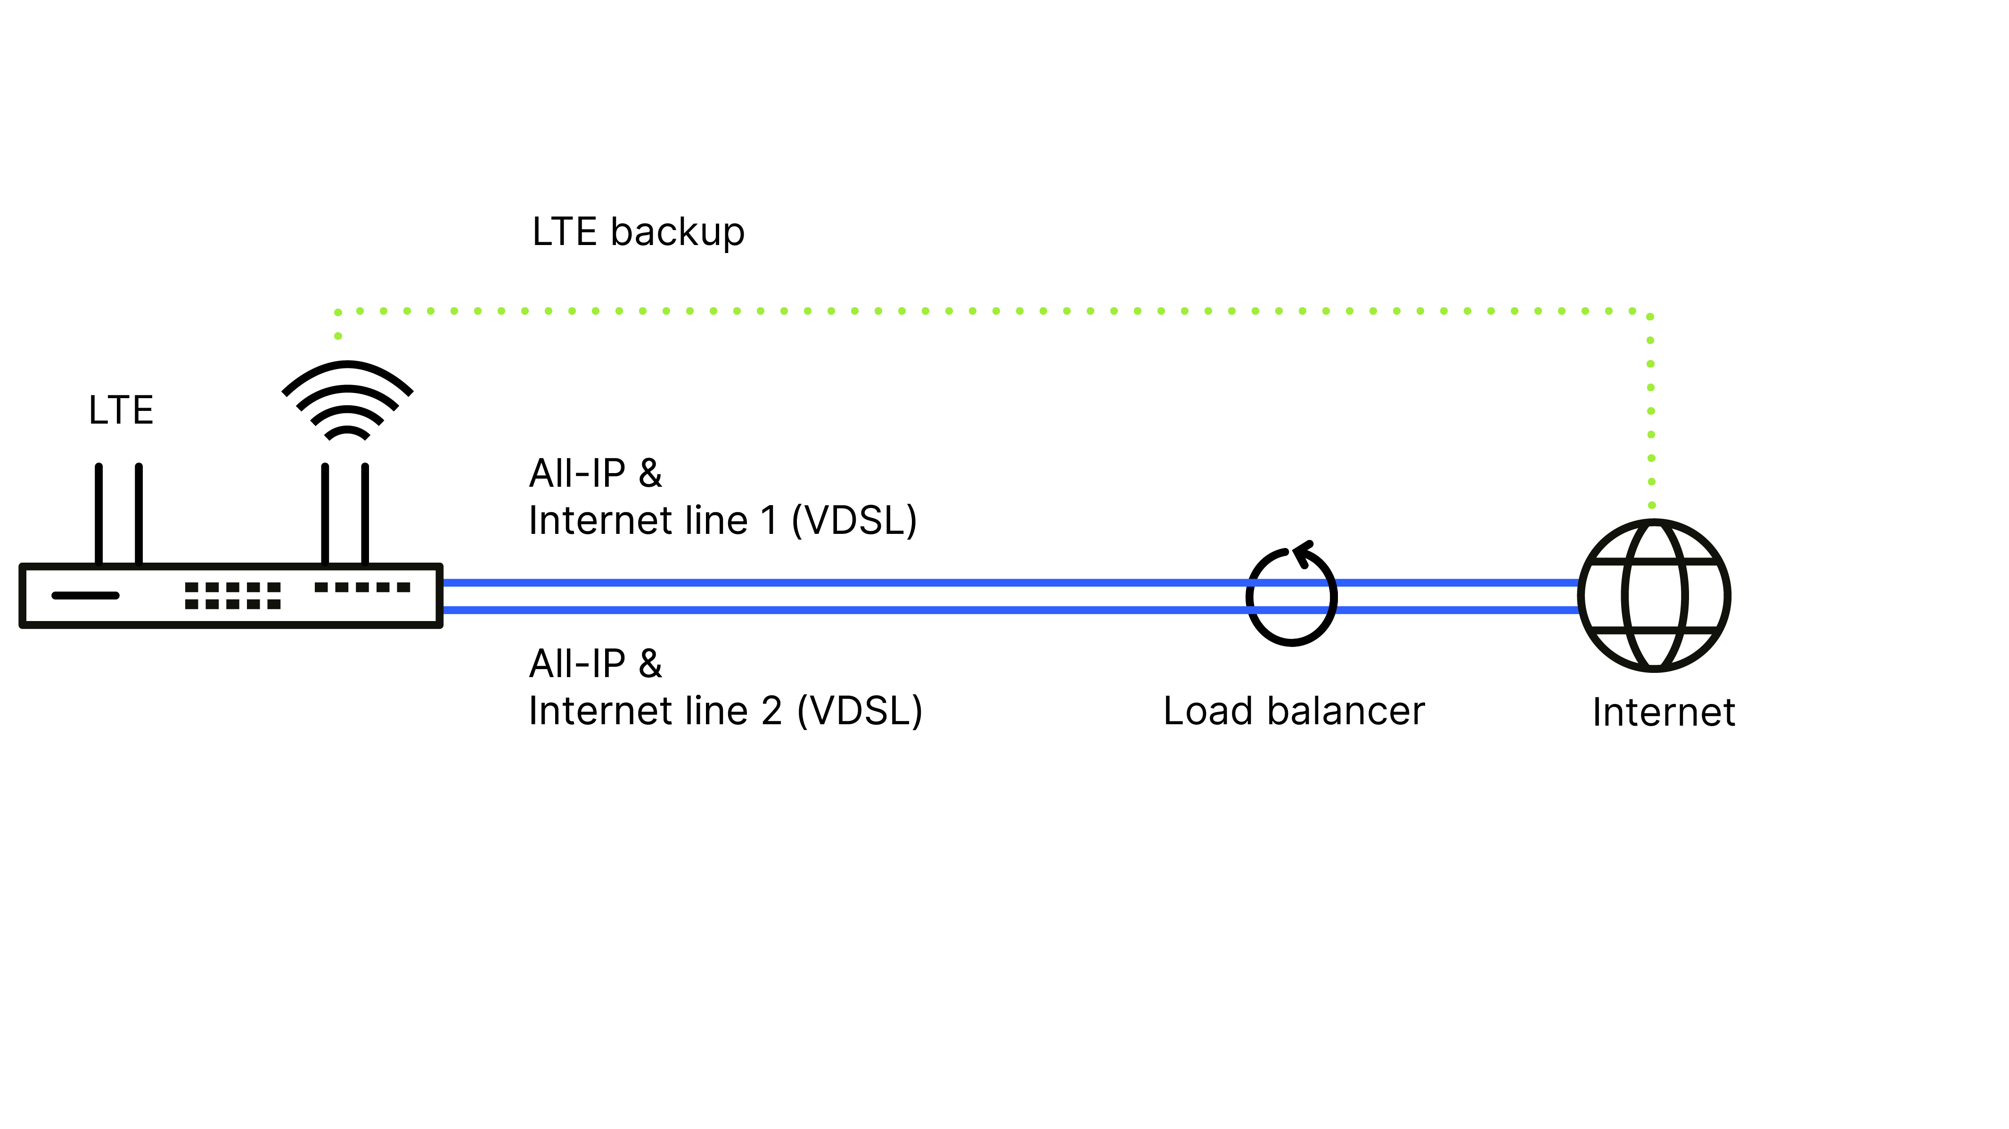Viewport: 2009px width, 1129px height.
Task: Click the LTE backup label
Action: pyautogui.click(x=638, y=232)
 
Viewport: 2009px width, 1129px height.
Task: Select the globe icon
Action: pyautogui.click(x=1654, y=596)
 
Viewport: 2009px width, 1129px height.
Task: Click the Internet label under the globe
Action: pyautogui.click(x=1664, y=712)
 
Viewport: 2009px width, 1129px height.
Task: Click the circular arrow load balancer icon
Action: pyautogui.click(x=1291, y=597)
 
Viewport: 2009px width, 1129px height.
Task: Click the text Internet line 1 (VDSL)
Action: pyautogui.click(x=722, y=520)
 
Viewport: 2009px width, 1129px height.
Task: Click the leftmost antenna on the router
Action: pyautogui.click(x=99, y=513)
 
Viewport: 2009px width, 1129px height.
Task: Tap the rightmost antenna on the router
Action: pyautogui.click(x=365, y=513)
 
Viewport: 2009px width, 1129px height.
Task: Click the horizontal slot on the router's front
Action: pyautogui.click(x=85, y=596)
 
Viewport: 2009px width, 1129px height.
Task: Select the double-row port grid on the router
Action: pyautogui.click(x=232, y=596)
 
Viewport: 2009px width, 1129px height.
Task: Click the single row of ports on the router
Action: pyautogui.click(x=362, y=587)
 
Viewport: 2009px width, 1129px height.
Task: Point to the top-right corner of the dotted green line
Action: pyautogui.click(x=1650, y=313)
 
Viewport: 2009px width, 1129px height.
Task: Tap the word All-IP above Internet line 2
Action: pyautogui.click(x=577, y=664)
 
